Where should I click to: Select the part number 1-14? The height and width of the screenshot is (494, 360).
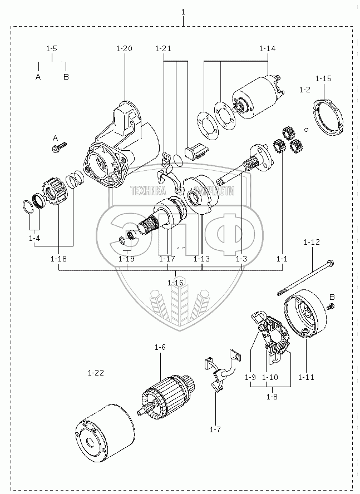coord(267,49)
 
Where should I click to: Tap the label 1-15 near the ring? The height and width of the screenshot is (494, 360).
coord(323,78)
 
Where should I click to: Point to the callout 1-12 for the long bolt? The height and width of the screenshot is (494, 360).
coord(312,242)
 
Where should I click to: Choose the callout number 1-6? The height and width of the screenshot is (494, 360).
coord(160,347)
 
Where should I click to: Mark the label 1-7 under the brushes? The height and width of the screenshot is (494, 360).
coord(215,429)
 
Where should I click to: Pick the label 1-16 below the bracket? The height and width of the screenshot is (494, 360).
coord(175,283)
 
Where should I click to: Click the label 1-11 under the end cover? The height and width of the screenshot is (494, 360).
coord(306,377)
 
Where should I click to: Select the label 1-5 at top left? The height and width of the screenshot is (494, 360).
coord(52,49)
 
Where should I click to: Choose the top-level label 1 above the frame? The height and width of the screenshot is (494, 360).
coord(183,12)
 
